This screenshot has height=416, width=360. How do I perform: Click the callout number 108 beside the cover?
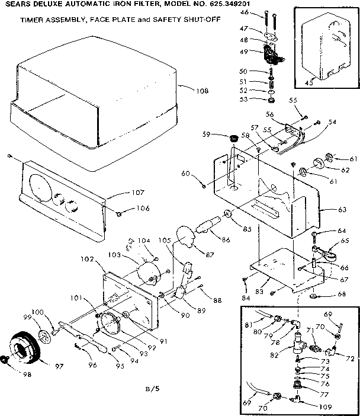click(202, 91)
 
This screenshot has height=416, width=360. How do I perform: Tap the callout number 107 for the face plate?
click(137, 192)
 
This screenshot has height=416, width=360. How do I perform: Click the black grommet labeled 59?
click(233, 139)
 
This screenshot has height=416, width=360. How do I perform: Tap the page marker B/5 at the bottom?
click(152, 389)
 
